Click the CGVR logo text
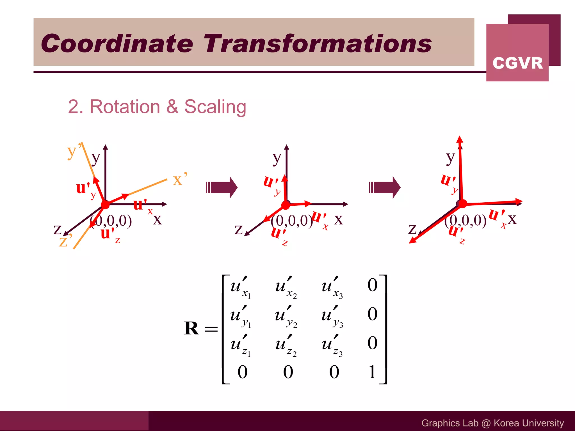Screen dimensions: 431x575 [x=517, y=63]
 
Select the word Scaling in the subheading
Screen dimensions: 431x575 [x=215, y=107]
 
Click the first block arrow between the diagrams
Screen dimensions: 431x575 [x=222, y=187]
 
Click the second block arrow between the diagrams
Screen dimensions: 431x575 [x=385, y=187]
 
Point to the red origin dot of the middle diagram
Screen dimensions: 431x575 [x=286, y=205]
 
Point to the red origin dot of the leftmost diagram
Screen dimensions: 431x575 [x=105, y=205]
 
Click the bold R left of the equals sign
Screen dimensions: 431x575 [x=191, y=328]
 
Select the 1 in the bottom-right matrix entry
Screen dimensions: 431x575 [x=372, y=372]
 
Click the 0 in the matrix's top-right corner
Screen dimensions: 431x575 [x=372, y=285]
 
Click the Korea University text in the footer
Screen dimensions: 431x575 [x=529, y=423]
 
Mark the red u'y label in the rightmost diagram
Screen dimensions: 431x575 [x=449, y=183]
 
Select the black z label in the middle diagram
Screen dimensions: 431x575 [x=238, y=230]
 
